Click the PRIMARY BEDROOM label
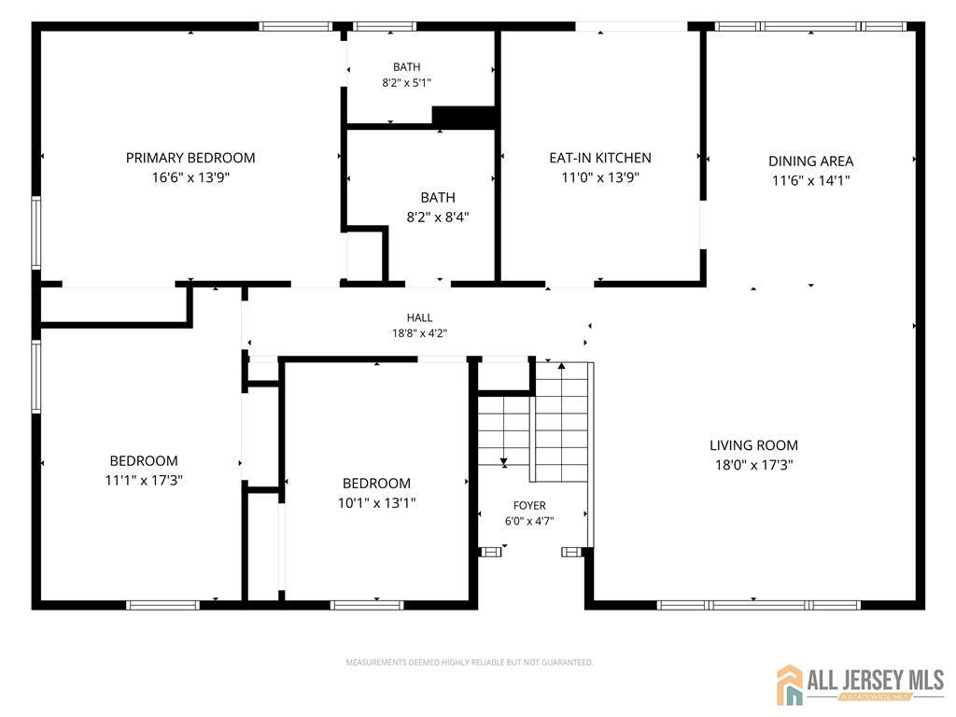(190, 158)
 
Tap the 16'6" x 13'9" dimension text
(190, 177)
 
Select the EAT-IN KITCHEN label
(600, 158)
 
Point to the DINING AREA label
(810, 161)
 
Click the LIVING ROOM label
(753, 445)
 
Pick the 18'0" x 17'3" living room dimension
(753, 465)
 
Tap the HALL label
(419, 317)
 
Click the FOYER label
(529, 505)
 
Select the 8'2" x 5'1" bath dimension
(407, 82)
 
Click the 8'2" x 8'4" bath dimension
(438, 217)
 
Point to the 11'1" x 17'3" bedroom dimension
(144, 480)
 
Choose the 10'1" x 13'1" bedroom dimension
(377, 502)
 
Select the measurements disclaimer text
(470, 662)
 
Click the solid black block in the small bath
(463, 116)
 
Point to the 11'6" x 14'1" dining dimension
(810, 180)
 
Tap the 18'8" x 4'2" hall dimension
(419, 333)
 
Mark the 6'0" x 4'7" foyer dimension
(529, 521)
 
